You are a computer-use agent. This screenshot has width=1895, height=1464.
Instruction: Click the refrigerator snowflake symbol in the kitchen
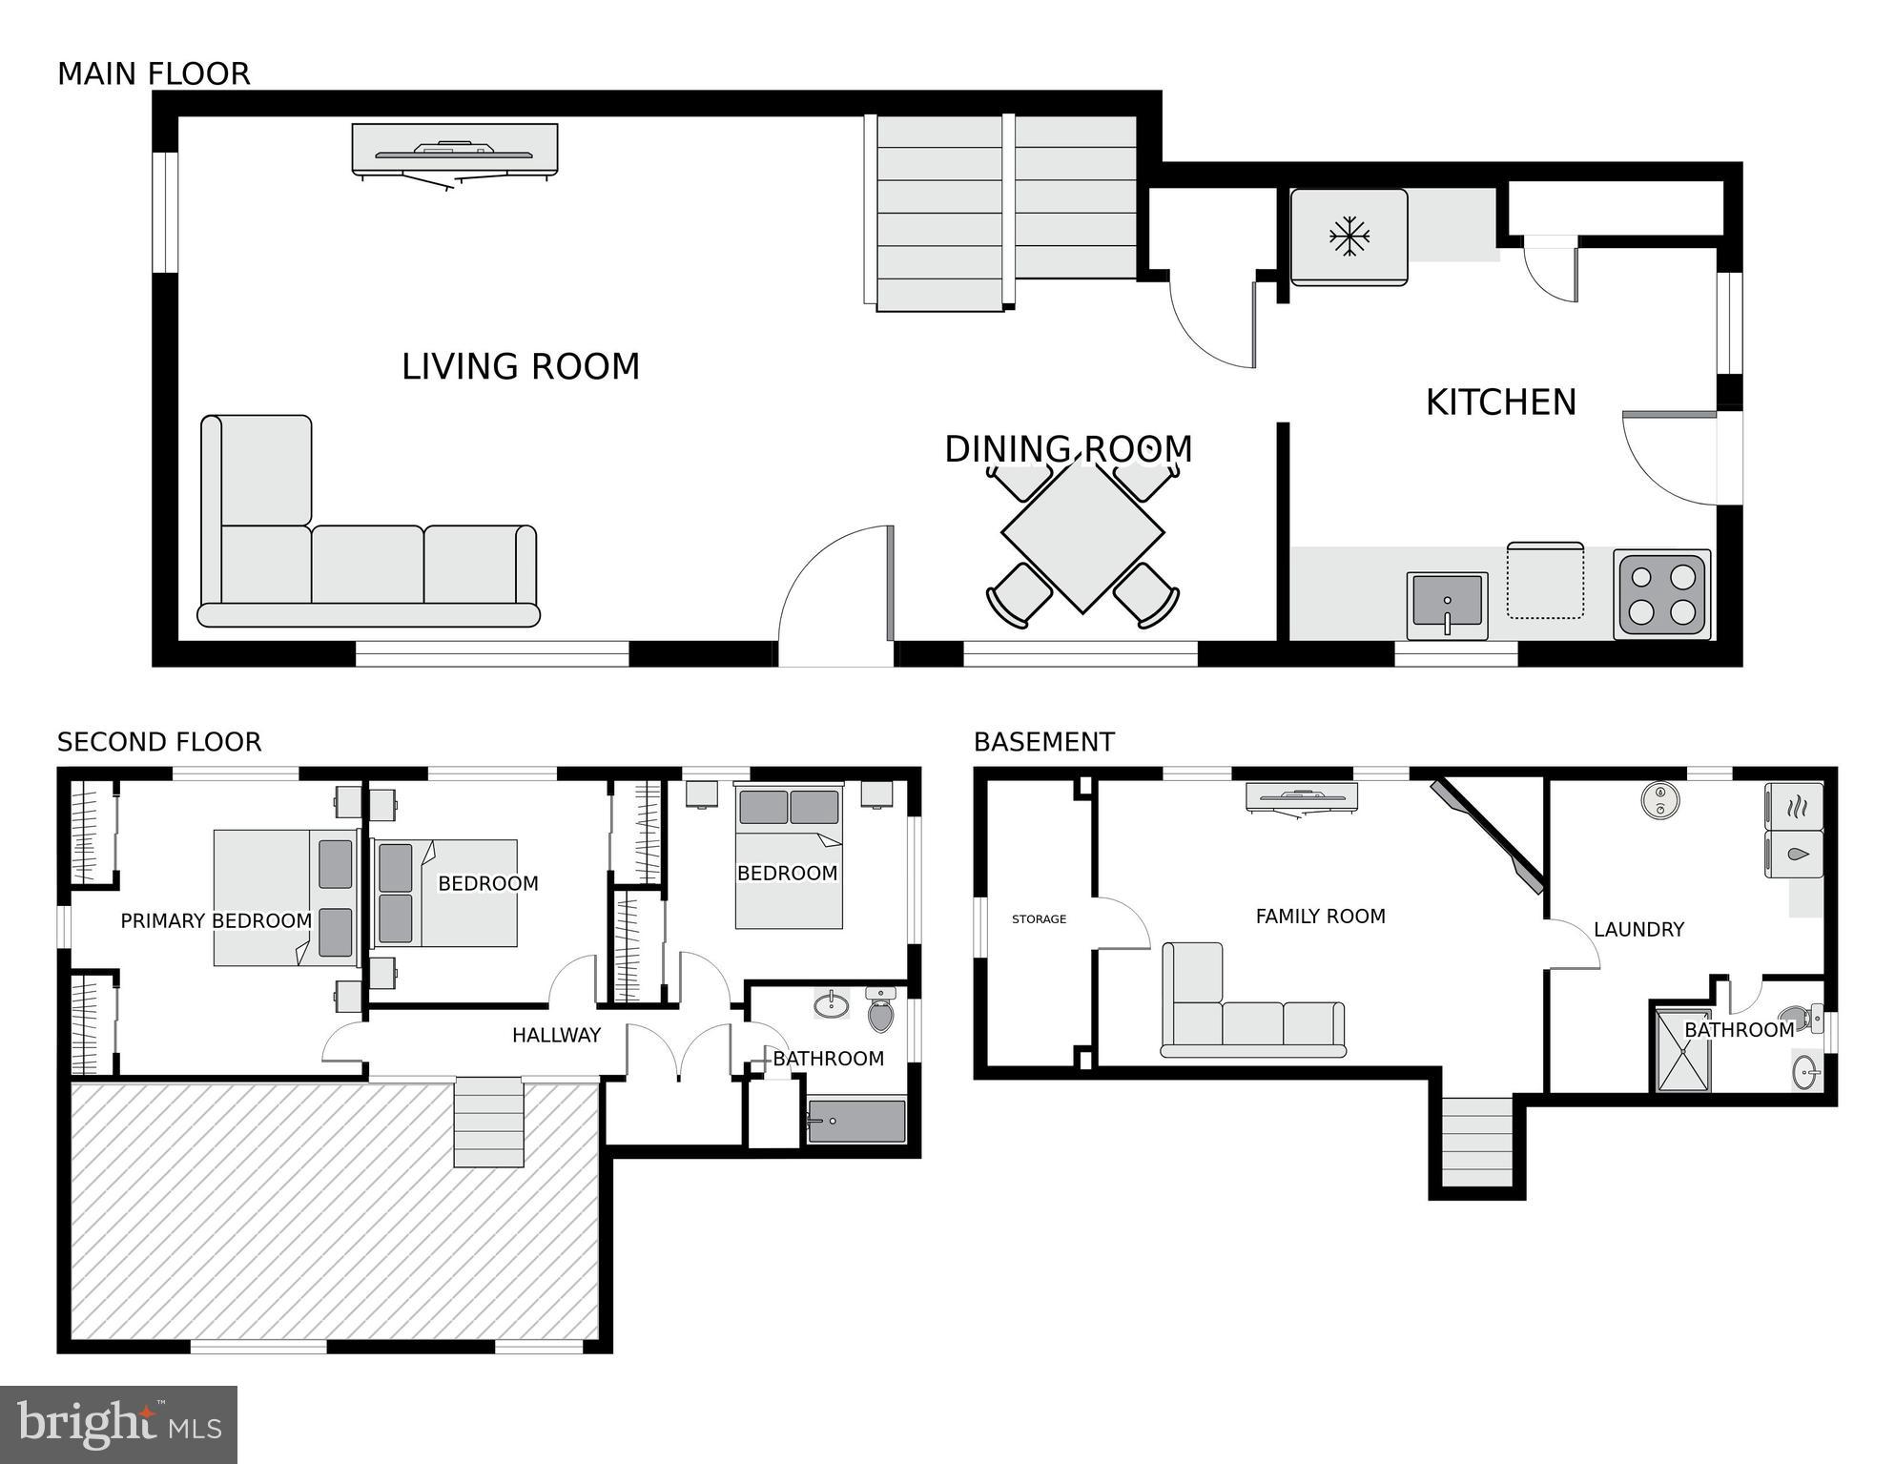point(1349,236)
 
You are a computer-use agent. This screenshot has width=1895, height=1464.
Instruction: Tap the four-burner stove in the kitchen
point(1661,593)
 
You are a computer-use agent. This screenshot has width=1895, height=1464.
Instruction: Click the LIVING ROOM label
point(521,366)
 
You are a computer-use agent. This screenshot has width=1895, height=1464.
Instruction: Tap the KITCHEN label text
point(1501,402)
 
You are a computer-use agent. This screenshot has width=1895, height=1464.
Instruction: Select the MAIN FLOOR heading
point(154,73)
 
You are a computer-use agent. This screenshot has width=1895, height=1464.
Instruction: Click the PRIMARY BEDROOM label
point(216,920)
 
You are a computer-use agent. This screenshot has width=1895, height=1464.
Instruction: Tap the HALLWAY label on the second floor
point(556,1035)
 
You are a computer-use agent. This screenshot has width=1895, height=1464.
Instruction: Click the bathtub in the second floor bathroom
point(856,1122)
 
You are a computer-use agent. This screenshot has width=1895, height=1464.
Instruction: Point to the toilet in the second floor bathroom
point(881,1010)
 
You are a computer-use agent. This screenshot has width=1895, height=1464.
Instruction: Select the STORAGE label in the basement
point(1039,919)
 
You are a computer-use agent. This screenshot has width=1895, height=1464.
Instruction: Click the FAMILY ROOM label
point(1320,917)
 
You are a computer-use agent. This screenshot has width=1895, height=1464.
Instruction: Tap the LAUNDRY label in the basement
point(1638,929)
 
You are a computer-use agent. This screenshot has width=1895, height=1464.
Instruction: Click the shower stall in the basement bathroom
point(1684,1049)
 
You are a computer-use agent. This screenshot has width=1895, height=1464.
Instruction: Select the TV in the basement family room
point(1302,798)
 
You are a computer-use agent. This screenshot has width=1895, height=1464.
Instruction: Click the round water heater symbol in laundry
point(1660,800)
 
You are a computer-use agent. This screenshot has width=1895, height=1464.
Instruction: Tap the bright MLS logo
point(118,1424)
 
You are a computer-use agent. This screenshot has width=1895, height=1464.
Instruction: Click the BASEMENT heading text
point(1044,742)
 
